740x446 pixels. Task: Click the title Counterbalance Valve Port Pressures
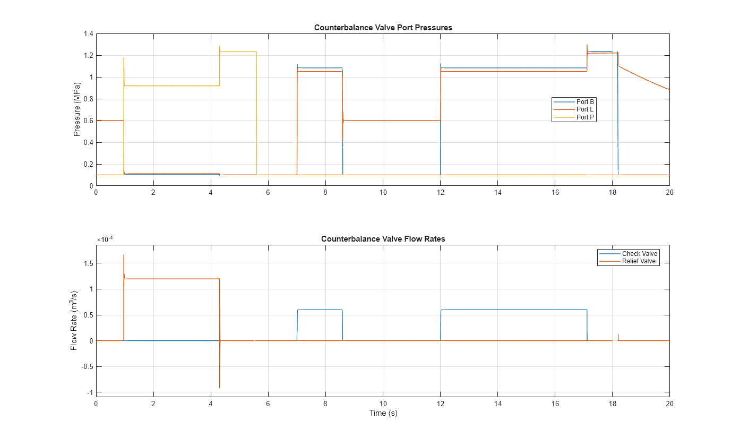point(383,28)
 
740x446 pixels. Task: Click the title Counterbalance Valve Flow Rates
point(383,239)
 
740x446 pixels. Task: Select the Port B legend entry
point(585,101)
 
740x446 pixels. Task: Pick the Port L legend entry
point(584,109)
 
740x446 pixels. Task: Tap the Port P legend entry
point(585,117)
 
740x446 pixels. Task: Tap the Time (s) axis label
point(383,414)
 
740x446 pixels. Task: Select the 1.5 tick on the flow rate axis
point(88,263)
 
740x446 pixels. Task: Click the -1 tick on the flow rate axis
point(90,392)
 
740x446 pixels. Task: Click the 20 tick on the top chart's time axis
point(669,193)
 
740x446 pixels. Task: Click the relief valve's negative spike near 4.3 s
point(220,387)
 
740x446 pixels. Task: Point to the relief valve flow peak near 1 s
point(124,255)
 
